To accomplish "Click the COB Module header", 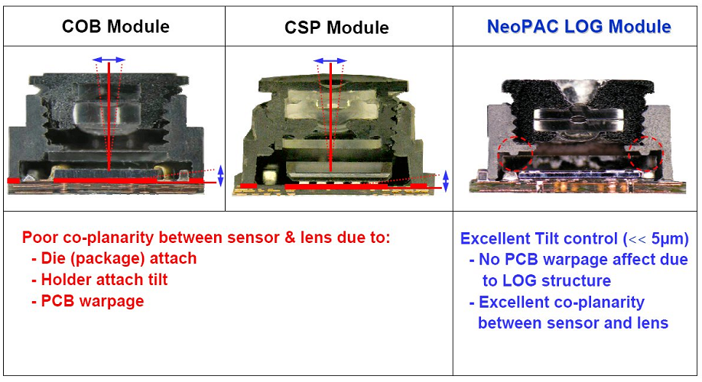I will (x=115, y=27).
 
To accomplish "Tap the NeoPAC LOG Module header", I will (x=579, y=27).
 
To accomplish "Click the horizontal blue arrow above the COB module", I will (x=109, y=59).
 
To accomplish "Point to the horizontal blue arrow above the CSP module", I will (x=330, y=60).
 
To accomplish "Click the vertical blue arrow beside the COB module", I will (x=221, y=176).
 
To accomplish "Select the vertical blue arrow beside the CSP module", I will (x=446, y=180).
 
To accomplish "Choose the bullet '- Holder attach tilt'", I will (x=99, y=280).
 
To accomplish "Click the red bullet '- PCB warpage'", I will (x=87, y=301).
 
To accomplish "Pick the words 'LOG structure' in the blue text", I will (x=546, y=280).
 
